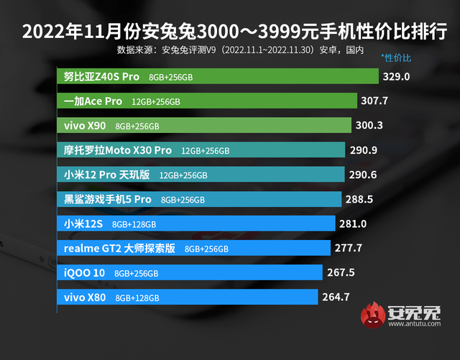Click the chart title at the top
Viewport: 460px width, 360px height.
230,32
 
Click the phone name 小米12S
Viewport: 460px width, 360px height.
84,223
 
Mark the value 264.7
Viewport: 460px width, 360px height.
336,297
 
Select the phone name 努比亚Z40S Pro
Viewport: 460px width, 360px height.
101,76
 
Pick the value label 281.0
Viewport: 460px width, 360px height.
353,223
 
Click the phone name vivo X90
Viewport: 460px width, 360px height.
85,126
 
